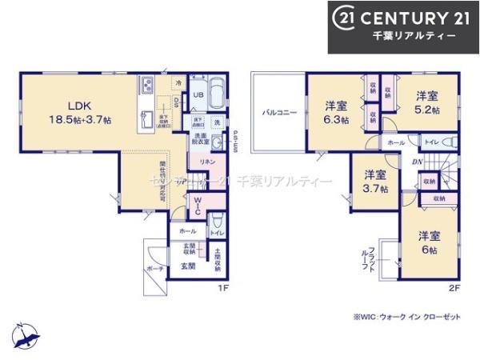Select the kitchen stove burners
click(149, 85)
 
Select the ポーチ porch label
click(154, 270)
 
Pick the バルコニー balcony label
click(279, 113)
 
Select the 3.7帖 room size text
click(376, 189)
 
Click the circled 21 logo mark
click(344, 18)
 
